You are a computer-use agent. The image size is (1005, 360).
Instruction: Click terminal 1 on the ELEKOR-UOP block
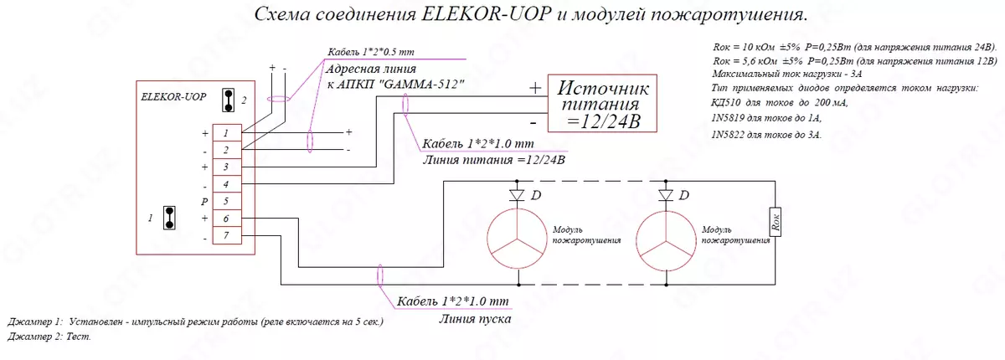coord(226,132)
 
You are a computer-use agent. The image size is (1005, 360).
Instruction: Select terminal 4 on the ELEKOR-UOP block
coord(226,183)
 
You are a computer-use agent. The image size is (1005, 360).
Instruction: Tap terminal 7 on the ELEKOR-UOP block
coord(226,236)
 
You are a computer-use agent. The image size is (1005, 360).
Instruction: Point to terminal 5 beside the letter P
coord(226,201)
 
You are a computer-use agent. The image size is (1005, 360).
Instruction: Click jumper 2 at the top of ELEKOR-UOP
coord(227,100)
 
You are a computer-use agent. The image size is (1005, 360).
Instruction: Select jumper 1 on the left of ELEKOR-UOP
coord(170,219)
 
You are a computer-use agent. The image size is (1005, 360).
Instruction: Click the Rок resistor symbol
coord(776,223)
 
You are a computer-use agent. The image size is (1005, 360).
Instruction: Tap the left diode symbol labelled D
coord(516,196)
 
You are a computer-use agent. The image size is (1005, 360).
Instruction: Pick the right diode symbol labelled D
coord(666,196)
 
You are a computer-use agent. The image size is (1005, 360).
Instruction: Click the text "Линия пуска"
coord(475,318)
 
